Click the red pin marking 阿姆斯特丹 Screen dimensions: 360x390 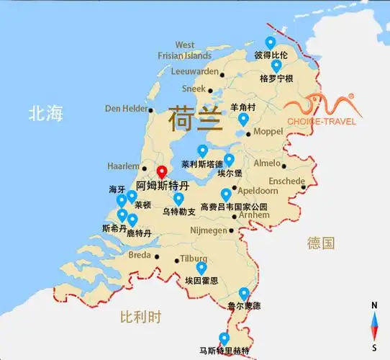[162, 172]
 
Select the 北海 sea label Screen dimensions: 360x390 [46, 113]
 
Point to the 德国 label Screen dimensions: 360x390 [320, 243]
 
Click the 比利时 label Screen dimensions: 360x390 [141, 316]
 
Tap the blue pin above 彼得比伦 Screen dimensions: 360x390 [271, 42]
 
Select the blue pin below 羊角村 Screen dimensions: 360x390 [243, 119]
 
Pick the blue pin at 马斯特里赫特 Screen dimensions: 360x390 [225, 338]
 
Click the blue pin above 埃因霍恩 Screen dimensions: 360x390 [201, 268]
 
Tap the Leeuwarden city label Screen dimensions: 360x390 [194, 71]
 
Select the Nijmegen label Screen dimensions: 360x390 [207, 231]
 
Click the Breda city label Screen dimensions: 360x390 [139, 254]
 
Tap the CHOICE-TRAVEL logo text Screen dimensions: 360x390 [322, 121]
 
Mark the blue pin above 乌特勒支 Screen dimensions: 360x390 [178, 198]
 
